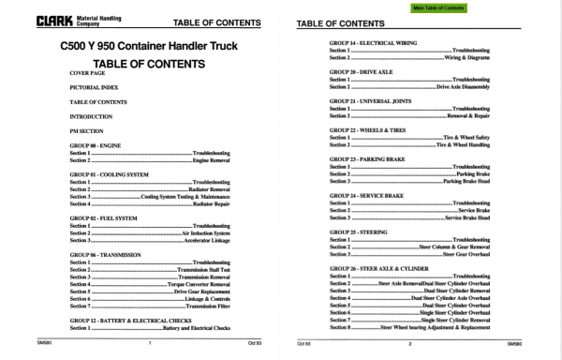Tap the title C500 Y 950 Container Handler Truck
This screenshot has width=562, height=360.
tap(150, 47)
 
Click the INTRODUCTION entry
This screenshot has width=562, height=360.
tap(91, 116)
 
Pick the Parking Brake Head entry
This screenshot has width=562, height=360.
tap(466, 181)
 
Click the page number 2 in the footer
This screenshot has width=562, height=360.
tap(409, 344)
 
